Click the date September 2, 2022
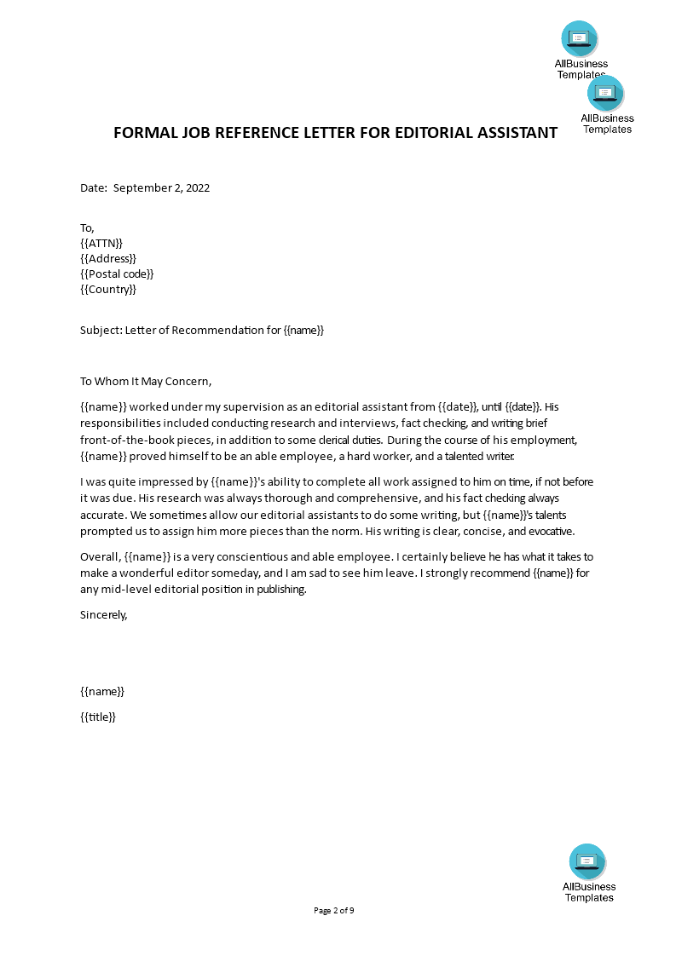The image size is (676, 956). coord(161,188)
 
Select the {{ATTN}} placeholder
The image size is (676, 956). coord(101,243)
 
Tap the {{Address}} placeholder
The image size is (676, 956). coord(108,258)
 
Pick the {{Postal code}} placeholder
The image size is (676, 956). coord(117,274)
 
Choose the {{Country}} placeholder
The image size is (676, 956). coord(108,289)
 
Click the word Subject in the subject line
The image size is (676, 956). coord(100,330)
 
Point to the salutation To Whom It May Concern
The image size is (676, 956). coord(145,381)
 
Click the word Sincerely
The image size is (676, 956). coord(103,613)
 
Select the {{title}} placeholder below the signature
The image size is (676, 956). coord(98,717)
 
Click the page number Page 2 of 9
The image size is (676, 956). coord(334,910)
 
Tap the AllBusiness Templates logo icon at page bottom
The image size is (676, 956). coord(587,861)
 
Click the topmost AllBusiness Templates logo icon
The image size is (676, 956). coord(580,38)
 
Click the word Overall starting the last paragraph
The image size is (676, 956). coord(101,556)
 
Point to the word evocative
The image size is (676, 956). coord(551,532)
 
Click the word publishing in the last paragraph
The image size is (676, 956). coord(281,589)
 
